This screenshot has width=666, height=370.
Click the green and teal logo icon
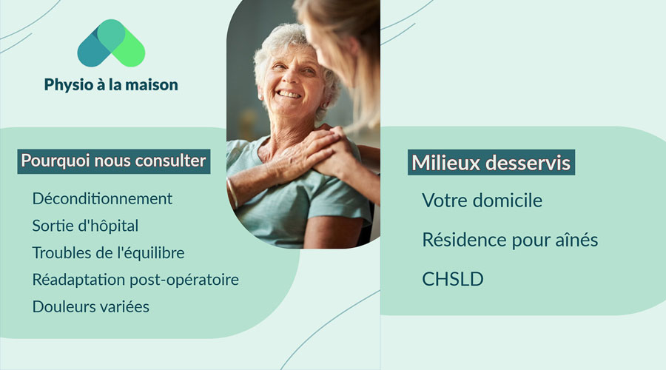coord(111,44)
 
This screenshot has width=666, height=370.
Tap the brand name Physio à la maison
coord(111,85)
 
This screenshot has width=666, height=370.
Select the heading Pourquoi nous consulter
coord(113,161)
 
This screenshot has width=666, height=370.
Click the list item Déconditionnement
coord(102,198)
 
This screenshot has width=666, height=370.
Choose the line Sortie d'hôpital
coord(85,226)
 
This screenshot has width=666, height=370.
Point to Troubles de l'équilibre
coord(108,252)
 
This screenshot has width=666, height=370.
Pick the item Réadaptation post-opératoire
coord(135,280)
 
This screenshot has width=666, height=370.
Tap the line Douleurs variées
coord(90,306)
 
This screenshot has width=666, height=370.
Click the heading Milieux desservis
coord(491,163)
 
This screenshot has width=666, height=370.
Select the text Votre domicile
coord(482,201)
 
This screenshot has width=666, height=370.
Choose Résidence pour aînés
coord(510,240)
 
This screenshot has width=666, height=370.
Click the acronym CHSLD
coord(452,280)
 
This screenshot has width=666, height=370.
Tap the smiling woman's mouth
coord(289,95)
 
